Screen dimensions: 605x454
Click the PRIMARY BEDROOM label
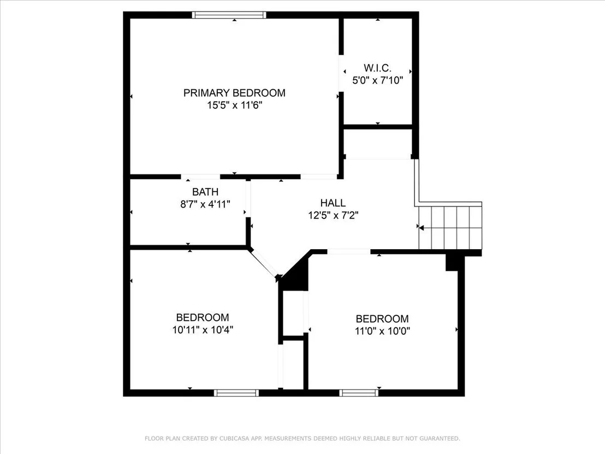click(234, 93)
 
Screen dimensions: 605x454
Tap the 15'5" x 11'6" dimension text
click(235, 105)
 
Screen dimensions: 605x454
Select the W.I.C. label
click(378, 68)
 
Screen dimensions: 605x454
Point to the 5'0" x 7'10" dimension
click(378, 80)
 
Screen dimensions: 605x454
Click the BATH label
click(205, 192)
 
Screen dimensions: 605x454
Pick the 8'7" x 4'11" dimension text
click(205, 204)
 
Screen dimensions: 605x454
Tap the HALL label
click(333, 203)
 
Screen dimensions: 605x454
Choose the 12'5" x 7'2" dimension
click(334, 215)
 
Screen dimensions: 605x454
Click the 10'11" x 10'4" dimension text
click(203, 329)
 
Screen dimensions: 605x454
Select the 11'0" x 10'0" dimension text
click(382, 331)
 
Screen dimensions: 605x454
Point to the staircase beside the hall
click(450, 228)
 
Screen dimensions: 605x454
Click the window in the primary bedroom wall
click(229, 15)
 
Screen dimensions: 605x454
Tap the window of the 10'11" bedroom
click(236, 393)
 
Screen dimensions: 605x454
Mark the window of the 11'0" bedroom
click(359, 393)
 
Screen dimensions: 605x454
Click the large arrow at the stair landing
click(422, 228)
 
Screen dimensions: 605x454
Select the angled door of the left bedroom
click(264, 264)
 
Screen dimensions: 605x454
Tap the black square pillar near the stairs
click(452, 263)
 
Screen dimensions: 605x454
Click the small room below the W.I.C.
click(378, 144)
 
